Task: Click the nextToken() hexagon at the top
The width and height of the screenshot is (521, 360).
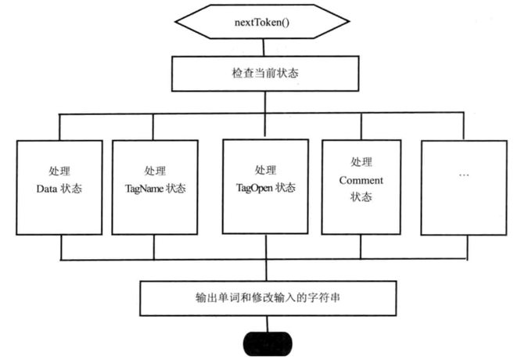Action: click(260, 22)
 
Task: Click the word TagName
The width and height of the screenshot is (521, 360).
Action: click(146, 189)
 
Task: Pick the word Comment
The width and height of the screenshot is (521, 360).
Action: click(361, 181)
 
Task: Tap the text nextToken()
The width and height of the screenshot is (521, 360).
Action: click(260, 22)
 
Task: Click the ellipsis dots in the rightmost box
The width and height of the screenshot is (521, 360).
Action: click(463, 174)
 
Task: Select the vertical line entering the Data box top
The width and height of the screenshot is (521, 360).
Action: click(60, 127)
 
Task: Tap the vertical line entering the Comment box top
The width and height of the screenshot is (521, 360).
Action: click(361, 127)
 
